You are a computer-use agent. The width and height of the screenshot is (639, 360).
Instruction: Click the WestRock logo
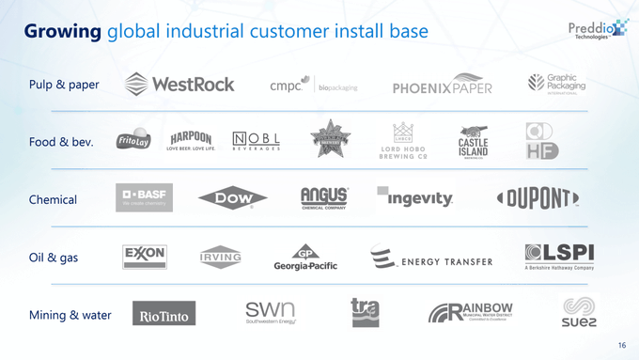click(179, 84)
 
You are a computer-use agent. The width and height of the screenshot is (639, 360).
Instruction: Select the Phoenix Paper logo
click(442, 86)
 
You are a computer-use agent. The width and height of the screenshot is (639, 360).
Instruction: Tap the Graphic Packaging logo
click(555, 84)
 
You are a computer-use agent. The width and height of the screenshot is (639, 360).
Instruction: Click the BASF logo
click(144, 197)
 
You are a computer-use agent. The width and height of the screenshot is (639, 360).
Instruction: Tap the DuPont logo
click(537, 198)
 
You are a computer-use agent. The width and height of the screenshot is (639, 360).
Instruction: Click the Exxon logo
click(145, 257)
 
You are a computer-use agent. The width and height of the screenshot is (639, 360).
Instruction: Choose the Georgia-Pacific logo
click(305, 258)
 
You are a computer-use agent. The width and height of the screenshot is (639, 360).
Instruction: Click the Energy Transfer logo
click(431, 258)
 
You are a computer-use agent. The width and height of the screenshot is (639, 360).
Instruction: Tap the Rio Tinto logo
click(164, 315)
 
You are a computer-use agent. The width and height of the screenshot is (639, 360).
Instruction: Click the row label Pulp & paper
click(64, 85)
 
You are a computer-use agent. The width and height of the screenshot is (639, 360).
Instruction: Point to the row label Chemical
click(53, 199)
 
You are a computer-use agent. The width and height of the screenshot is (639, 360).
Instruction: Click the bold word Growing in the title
click(62, 32)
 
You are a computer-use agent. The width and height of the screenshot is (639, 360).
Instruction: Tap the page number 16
click(622, 346)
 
